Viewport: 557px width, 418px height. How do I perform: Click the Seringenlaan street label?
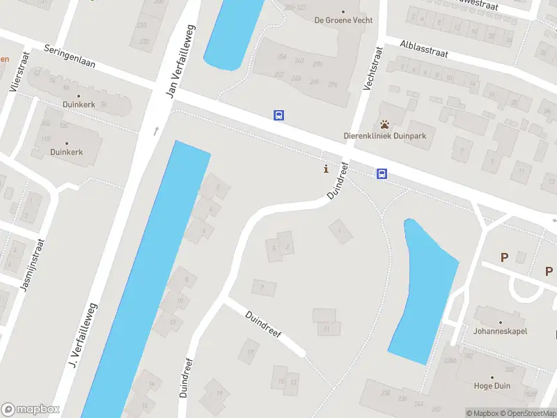(70, 60)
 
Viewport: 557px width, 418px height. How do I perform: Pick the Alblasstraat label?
(424, 48)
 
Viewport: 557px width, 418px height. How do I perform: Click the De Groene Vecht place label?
(343, 20)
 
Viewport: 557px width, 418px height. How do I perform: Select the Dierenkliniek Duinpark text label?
(384, 136)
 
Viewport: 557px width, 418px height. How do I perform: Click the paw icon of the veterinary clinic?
(384, 124)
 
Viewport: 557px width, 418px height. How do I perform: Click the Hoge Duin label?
(492, 386)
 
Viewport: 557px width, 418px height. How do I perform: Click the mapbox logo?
(31, 410)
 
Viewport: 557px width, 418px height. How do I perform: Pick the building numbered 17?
(249, 353)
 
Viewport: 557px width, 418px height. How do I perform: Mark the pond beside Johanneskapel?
(421, 293)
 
